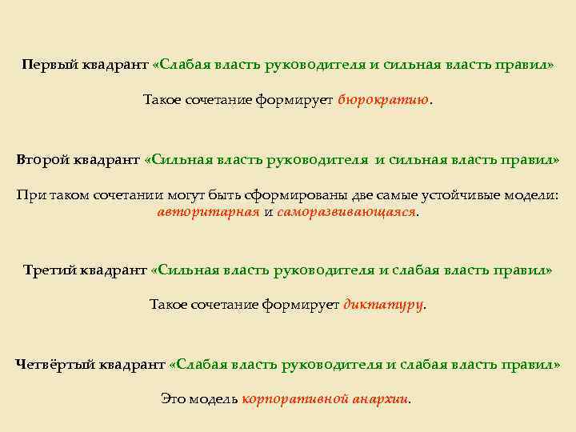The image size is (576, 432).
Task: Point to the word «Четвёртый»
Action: point(54,364)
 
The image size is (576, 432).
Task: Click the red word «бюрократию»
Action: point(383,100)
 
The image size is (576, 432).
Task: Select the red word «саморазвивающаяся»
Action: point(346,212)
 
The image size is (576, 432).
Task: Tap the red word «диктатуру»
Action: point(382,304)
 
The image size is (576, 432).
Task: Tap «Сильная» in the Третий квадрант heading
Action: point(186,270)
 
